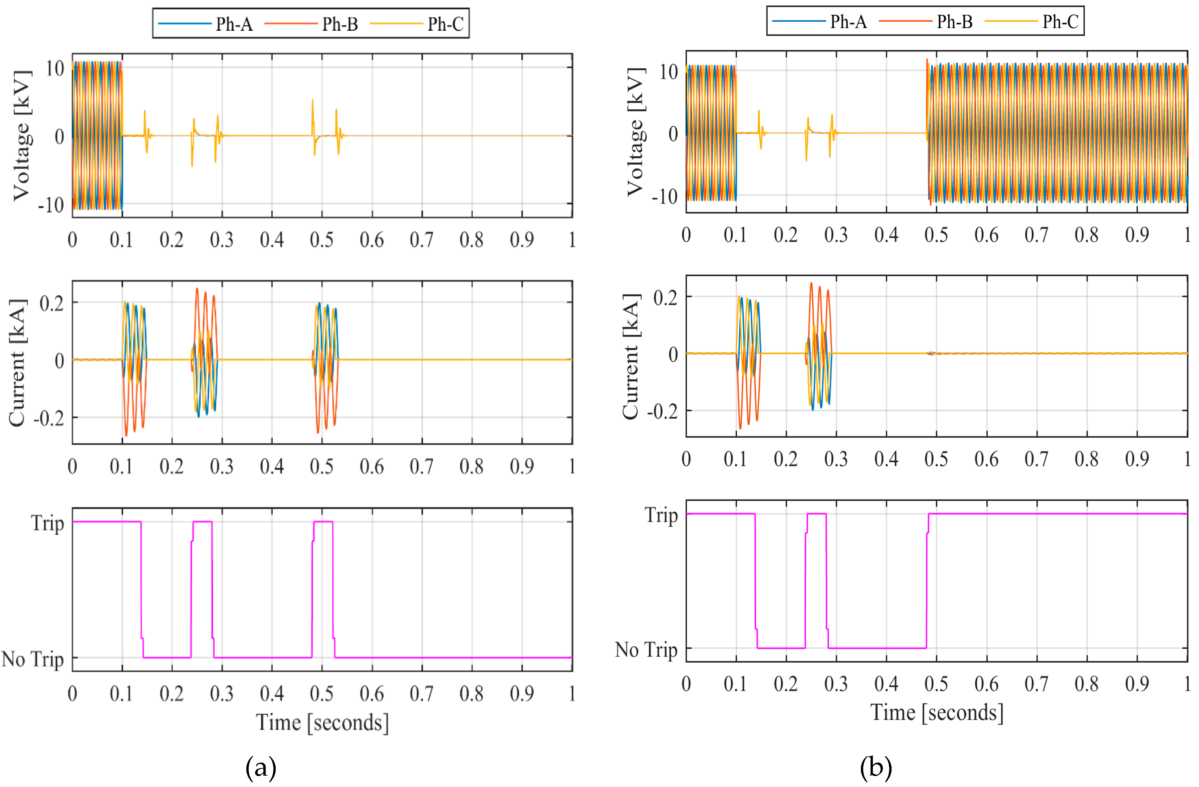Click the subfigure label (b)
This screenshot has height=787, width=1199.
(876, 767)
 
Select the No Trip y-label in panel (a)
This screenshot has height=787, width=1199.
(33, 658)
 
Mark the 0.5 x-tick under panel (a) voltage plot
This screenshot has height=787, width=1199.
(321, 240)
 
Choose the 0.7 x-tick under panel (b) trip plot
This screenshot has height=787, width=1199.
(1036, 684)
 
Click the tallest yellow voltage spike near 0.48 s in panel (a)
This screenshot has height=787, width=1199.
(312, 101)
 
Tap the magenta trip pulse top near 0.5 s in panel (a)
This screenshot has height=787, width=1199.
(323, 522)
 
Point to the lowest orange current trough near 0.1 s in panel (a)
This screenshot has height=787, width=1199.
(126, 435)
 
